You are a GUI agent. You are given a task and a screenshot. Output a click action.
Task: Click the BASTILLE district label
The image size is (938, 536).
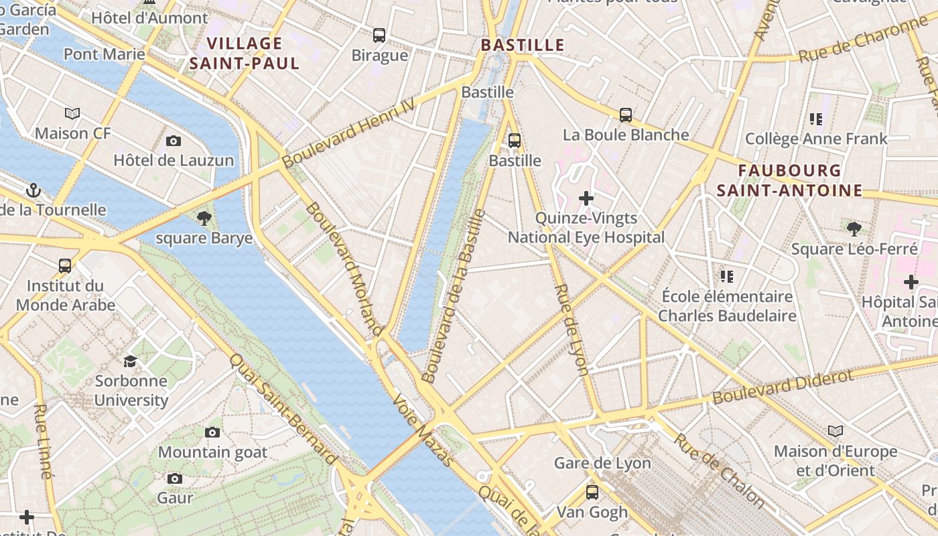[523, 46]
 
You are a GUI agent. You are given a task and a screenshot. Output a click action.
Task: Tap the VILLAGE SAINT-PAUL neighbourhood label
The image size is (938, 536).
[244, 54]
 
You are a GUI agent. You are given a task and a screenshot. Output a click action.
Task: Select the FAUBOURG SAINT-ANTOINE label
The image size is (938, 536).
[789, 180]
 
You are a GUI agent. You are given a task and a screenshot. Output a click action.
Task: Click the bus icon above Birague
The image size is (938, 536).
[379, 36]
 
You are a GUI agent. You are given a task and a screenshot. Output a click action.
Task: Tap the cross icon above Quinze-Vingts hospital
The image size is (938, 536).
[586, 198]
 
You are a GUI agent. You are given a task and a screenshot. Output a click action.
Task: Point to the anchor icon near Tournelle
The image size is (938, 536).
[33, 191]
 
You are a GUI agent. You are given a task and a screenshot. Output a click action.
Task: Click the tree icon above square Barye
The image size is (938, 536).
[204, 218]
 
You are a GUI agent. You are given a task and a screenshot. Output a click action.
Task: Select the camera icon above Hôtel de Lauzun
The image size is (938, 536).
[174, 141]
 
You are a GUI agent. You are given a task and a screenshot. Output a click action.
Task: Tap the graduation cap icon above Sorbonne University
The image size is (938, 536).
[131, 362]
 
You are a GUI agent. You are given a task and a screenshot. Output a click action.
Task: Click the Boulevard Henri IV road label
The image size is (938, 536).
[348, 133]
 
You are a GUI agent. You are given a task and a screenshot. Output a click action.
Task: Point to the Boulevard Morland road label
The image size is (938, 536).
[344, 269]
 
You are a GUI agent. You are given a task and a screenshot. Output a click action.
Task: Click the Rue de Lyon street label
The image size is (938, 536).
[572, 329]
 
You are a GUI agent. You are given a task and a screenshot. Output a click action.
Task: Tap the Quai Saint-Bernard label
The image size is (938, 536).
[283, 409]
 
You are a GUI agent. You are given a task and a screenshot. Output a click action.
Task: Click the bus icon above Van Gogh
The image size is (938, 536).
[592, 492]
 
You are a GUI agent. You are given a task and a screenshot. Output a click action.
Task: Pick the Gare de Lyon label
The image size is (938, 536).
[602, 463]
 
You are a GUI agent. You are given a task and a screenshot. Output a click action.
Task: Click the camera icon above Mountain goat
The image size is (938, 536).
[212, 433]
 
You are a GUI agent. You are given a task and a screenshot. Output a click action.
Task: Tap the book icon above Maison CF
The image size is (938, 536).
[72, 114]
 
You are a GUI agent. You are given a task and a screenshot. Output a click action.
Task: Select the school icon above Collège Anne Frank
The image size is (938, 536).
[815, 119]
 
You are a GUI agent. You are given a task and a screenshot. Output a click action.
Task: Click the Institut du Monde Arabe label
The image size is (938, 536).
[65, 295]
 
